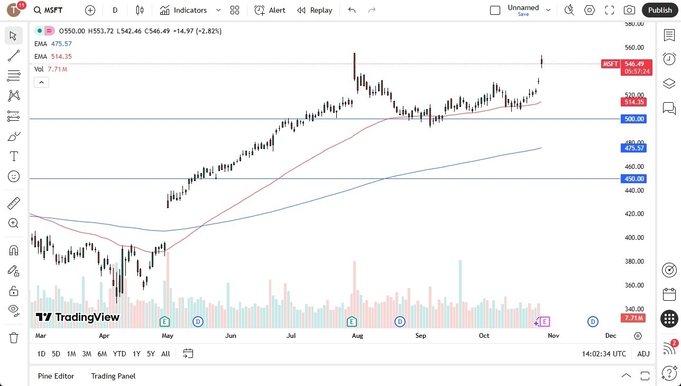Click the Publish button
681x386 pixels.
pos(659,10)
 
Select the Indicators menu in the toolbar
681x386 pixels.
pos(183,10)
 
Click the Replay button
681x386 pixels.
pos(315,10)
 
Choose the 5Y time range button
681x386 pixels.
pos(151,354)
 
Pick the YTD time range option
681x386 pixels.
pos(119,354)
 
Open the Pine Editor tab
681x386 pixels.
pos(56,376)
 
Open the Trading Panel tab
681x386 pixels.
pos(113,376)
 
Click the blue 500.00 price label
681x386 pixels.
pos(634,119)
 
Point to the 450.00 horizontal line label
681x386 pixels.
pos(634,179)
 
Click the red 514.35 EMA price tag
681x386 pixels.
pos(634,102)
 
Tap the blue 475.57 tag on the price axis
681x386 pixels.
pos(634,148)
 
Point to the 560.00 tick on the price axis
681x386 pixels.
pos(634,48)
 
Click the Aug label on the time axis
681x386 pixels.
pos(357,335)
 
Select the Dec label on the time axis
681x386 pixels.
pos(611,335)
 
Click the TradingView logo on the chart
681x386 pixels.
pos(78,317)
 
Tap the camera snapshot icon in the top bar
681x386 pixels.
pos(629,10)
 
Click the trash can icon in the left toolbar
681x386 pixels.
pos(14,337)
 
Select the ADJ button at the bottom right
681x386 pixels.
pos(643,354)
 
